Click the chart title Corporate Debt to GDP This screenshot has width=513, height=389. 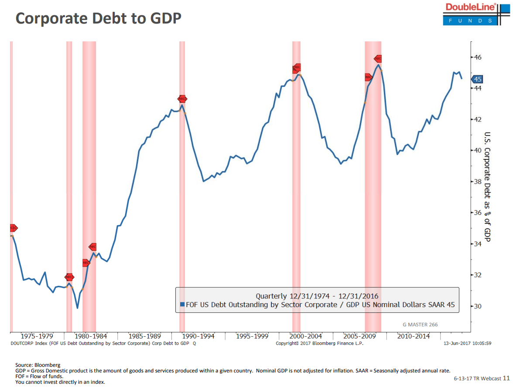(98, 18)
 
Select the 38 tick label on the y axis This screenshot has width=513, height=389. (478, 182)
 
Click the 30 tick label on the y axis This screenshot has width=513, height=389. (478, 306)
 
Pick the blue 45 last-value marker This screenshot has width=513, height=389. (477, 79)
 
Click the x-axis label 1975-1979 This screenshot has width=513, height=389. (37, 336)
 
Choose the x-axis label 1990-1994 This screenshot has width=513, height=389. (198, 336)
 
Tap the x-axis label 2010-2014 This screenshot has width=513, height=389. (413, 336)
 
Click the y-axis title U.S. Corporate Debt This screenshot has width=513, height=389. (488, 187)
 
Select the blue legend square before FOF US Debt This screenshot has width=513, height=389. (182, 305)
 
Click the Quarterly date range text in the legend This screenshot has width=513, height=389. (317, 296)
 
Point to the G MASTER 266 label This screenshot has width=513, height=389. (420, 325)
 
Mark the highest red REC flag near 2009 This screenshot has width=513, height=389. (378, 59)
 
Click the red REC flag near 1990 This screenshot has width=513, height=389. (182, 99)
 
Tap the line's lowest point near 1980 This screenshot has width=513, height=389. (77, 308)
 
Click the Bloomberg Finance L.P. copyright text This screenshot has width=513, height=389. (319, 343)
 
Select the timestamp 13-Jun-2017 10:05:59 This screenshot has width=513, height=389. (467, 343)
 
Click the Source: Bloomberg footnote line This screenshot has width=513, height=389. (38, 365)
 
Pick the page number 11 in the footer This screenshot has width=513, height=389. (506, 378)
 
